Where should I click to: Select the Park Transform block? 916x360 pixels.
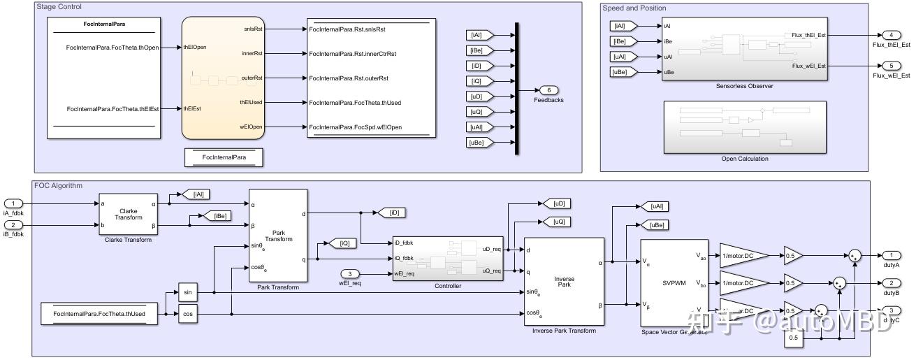click(278, 235)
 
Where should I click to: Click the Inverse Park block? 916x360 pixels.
click(564, 282)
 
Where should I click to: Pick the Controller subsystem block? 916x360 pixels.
click(447, 258)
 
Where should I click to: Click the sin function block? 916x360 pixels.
click(187, 292)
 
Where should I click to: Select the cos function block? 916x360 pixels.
click(187, 315)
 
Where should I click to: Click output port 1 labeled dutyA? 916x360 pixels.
click(890, 255)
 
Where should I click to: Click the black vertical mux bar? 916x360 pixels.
click(516, 88)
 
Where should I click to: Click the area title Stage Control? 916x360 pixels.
click(59, 8)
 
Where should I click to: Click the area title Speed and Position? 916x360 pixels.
click(634, 8)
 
